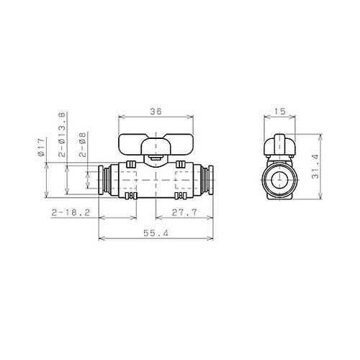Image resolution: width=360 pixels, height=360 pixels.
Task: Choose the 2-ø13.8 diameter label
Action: click(62, 136)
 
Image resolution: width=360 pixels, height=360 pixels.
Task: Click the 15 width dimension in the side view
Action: click(282, 111)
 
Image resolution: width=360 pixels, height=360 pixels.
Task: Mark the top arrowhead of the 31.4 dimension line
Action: click(321, 135)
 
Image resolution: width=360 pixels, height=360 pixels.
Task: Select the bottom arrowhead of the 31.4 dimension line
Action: click(321, 199)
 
